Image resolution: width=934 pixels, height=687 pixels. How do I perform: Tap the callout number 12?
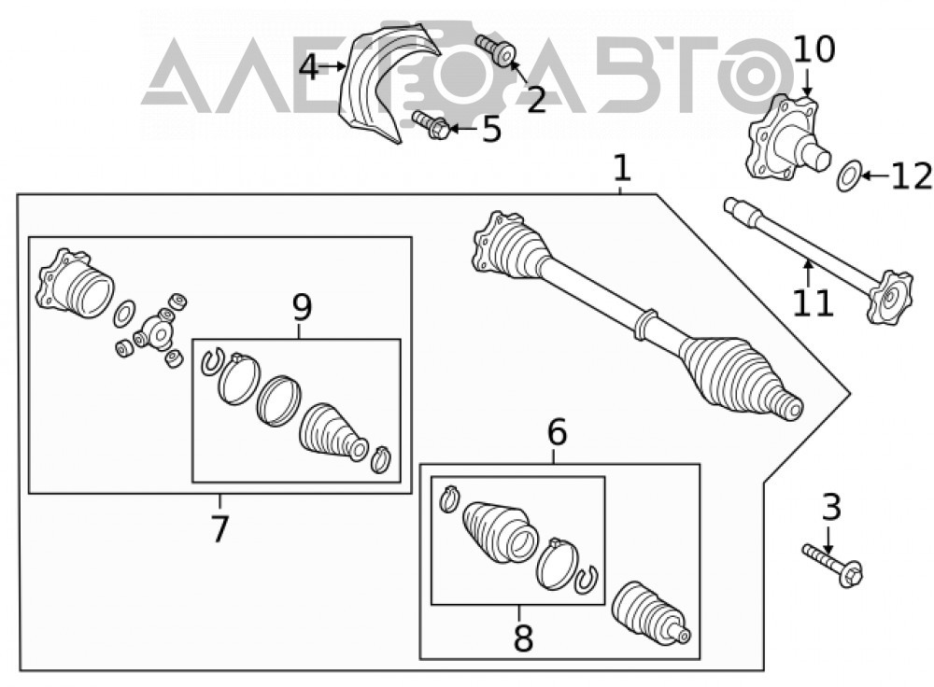[912, 176]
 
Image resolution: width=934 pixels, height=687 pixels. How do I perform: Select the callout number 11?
[813, 302]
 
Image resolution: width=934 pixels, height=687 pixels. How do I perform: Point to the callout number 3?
[831, 507]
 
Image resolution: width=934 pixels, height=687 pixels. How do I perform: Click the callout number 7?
[219, 528]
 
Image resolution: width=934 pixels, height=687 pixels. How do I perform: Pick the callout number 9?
[302, 308]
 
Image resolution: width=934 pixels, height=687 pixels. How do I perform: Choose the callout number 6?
[557, 433]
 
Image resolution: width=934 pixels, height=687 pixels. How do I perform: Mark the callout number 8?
[523, 638]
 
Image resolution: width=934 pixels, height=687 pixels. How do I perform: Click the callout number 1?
[621, 168]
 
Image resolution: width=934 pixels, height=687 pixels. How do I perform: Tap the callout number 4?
[308, 67]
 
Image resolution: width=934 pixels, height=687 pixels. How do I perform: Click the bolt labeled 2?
[496, 50]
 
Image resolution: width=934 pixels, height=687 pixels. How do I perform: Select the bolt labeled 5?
[430, 125]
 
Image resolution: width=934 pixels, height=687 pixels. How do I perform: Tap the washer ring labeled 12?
[848, 175]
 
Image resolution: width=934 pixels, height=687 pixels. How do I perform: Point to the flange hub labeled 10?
[786, 138]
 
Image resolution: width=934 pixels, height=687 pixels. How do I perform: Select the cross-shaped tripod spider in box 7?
[154, 329]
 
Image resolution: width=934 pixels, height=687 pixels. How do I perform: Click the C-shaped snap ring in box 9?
[212, 362]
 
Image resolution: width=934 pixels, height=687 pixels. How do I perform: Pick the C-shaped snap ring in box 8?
[587, 580]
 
